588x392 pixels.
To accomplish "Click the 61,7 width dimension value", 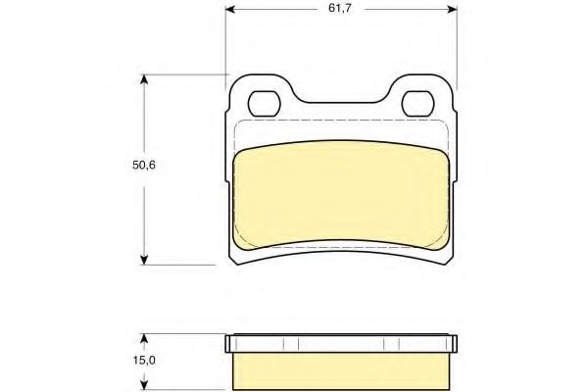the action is click(x=340, y=8).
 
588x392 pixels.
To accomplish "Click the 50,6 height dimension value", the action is click(x=144, y=165).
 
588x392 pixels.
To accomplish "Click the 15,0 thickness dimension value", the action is click(x=144, y=361).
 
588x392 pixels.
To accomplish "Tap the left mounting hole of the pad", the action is click(x=264, y=104).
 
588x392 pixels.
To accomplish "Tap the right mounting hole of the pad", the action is click(x=417, y=104).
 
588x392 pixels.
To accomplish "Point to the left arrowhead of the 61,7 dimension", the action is click(x=229, y=9).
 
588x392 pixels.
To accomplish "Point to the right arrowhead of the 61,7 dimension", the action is click(x=453, y=9).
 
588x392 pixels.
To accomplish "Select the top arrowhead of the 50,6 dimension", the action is click(x=144, y=79).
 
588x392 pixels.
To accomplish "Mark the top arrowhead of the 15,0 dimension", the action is click(x=144, y=339).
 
